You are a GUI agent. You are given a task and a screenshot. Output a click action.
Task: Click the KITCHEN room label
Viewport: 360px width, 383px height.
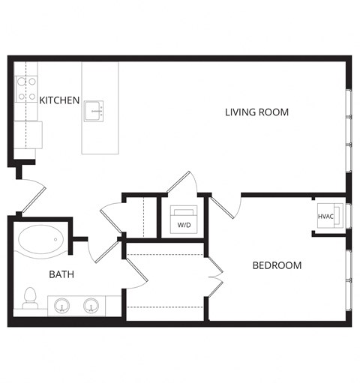59,100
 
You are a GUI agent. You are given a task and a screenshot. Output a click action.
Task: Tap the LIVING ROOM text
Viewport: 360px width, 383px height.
257,112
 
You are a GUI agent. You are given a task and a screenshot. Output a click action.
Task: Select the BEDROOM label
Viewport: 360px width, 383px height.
277,265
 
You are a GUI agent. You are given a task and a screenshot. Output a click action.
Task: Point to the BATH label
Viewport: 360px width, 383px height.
61,274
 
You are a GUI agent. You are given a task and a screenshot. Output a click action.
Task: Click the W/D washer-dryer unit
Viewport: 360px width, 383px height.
184,220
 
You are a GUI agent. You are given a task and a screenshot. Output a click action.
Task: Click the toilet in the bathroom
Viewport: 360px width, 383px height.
30,298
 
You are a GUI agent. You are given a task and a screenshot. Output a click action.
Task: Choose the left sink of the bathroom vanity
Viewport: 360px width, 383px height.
62,305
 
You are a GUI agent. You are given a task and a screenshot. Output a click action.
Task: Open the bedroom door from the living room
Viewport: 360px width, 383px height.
225,204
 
